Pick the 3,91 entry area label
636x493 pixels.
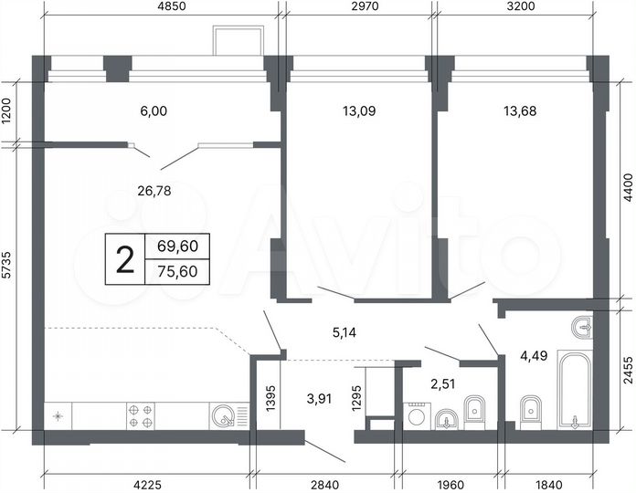pyautogui.click(x=321, y=397)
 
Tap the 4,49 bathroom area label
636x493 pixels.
pyautogui.click(x=534, y=356)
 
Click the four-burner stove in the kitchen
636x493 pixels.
pyautogui.click(x=141, y=416)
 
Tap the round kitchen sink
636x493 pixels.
pyautogui.click(x=222, y=416)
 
